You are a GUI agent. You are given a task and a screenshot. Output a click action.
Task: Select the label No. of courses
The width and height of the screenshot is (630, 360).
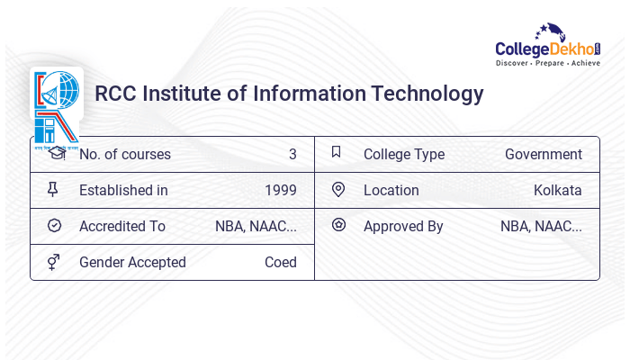click(124, 154)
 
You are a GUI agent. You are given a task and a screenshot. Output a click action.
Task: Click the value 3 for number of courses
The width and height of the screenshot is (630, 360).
click(292, 154)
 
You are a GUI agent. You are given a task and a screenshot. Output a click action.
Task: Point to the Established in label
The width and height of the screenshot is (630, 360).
click(123, 190)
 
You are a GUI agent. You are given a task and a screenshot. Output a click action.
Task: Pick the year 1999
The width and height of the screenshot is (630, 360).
click(281, 190)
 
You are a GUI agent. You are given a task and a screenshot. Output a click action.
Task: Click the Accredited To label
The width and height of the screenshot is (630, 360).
click(122, 226)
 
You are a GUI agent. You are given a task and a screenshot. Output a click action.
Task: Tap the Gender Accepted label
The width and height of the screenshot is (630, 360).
click(132, 262)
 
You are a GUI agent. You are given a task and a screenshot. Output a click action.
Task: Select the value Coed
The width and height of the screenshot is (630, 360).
click(281, 262)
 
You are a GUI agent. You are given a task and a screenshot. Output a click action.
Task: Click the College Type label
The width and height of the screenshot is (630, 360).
click(404, 154)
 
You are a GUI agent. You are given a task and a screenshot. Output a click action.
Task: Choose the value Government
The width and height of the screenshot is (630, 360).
click(544, 154)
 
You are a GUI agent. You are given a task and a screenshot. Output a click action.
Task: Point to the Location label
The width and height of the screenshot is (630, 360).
click(391, 190)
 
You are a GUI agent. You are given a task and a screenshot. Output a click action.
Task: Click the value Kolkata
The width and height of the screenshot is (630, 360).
click(558, 190)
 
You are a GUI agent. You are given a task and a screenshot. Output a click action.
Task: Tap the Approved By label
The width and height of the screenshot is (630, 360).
click(403, 226)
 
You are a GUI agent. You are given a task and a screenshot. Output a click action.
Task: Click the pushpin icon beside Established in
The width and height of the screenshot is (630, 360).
click(54, 189)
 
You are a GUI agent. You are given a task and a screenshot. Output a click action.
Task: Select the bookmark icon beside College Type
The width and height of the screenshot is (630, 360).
click(337, 152)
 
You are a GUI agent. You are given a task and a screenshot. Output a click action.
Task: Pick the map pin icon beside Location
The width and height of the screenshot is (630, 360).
click(338, 189)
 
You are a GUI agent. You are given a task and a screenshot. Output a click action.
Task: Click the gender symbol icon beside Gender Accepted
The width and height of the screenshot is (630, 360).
click(54, 262)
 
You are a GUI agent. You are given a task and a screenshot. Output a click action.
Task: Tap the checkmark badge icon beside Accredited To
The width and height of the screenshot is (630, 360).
click(54, 225)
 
